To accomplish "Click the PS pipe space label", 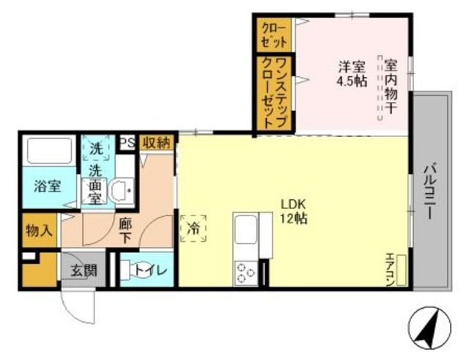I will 126,142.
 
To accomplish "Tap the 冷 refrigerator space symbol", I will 193,227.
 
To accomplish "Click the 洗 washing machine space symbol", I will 96,147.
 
